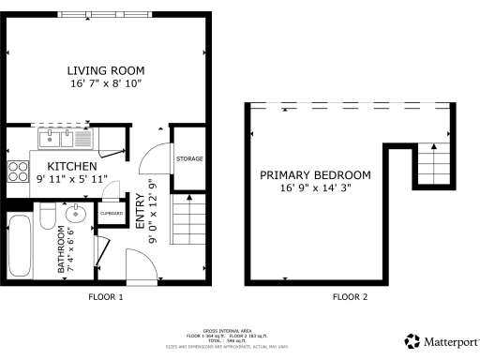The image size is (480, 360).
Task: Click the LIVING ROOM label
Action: [105, 70]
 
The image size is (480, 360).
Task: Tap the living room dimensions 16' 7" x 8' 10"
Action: [105, 83]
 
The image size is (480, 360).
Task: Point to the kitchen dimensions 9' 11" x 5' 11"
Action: [72, 177]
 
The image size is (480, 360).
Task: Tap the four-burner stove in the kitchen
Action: [17, 172]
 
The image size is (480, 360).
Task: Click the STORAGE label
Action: [189, 158]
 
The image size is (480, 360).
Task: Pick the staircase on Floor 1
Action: [187, 219]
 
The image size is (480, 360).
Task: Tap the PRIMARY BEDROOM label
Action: [315, 175]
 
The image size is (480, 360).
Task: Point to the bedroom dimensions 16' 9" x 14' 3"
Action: [315, 187]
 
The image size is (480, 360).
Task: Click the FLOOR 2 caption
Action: [350, 297]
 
